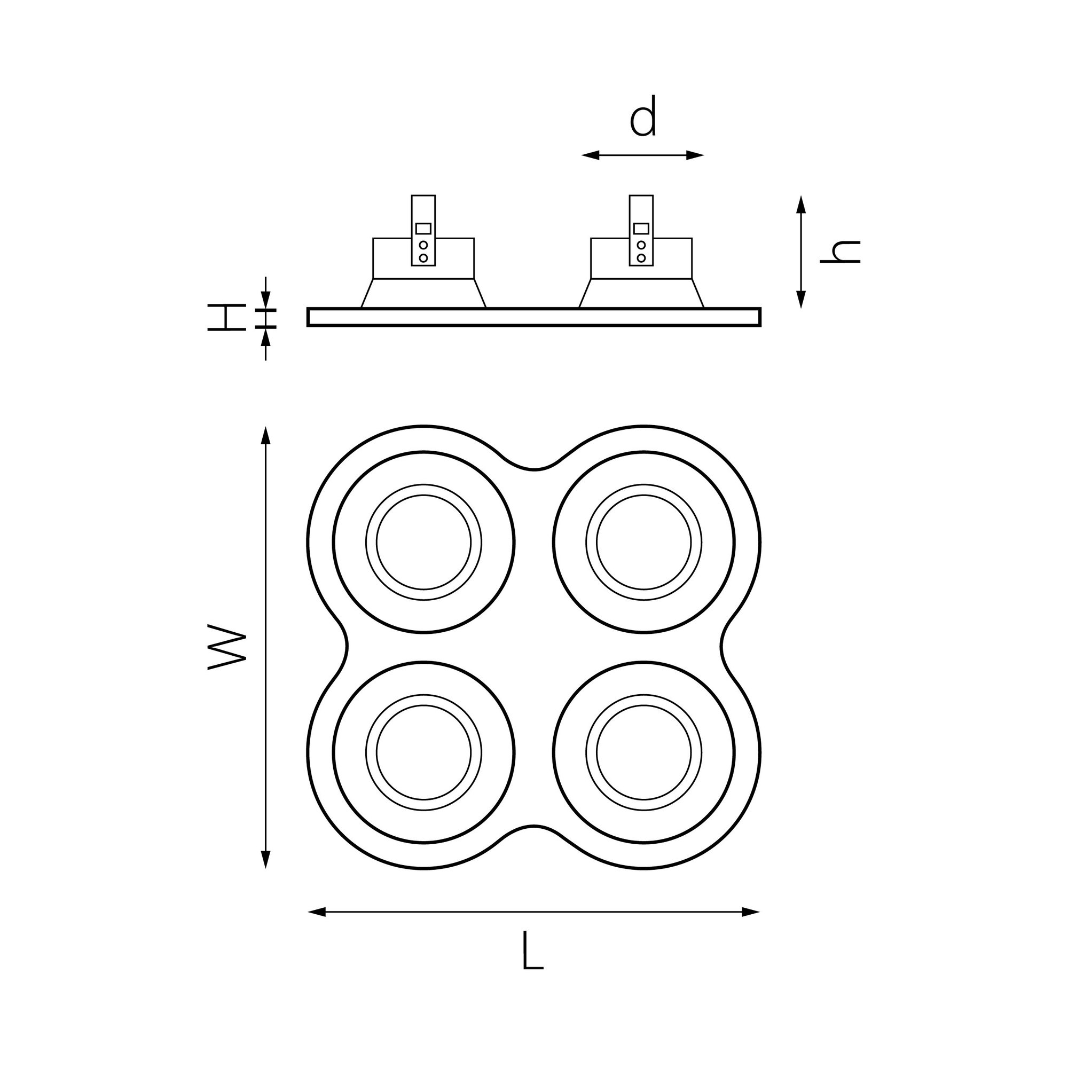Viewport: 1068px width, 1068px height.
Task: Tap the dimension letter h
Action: point(839,252)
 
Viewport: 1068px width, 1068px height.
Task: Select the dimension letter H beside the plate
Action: point(226,317)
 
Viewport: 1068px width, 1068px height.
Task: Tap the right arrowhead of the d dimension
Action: point(695,155)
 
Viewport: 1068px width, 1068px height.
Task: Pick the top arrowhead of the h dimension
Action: point(801,204)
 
